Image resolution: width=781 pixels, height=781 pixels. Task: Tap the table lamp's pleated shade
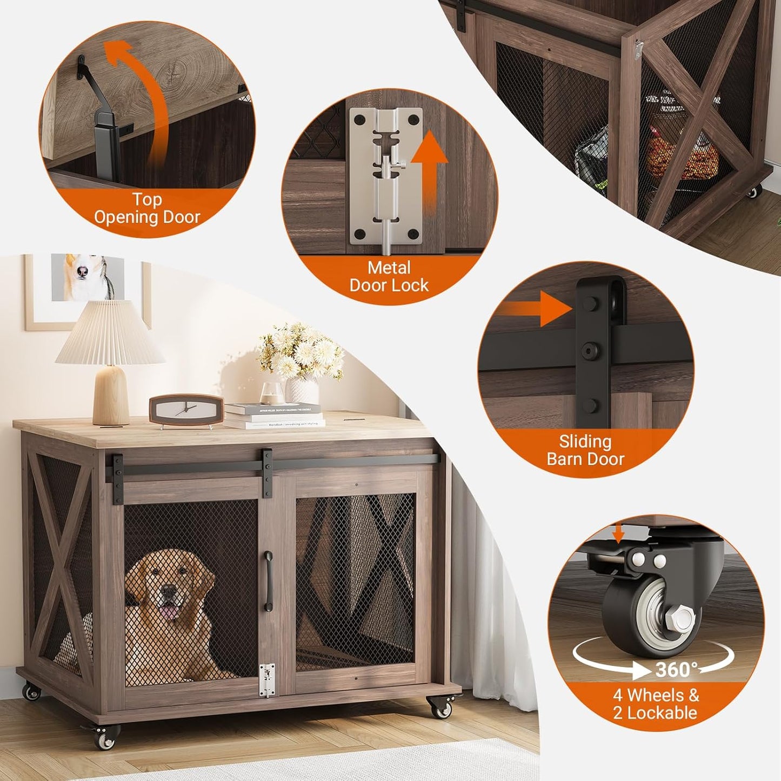click(x=111, y=333)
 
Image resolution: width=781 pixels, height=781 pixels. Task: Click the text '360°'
click(x=676, y=670)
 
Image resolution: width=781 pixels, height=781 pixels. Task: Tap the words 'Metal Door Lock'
click(x=389, y=276)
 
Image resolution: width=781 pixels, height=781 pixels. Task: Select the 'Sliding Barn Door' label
click(x=585, y=450)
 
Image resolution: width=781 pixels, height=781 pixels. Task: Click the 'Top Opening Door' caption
click(x=147, y=209)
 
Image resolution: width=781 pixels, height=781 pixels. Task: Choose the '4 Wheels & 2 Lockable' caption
click(x=656, y=704)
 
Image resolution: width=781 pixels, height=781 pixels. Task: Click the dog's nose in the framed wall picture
click(x=82, y=271)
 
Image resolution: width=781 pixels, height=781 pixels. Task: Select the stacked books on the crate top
click(x=275, y=416)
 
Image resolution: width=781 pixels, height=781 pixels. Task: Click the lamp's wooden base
click(x=111, y=395)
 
